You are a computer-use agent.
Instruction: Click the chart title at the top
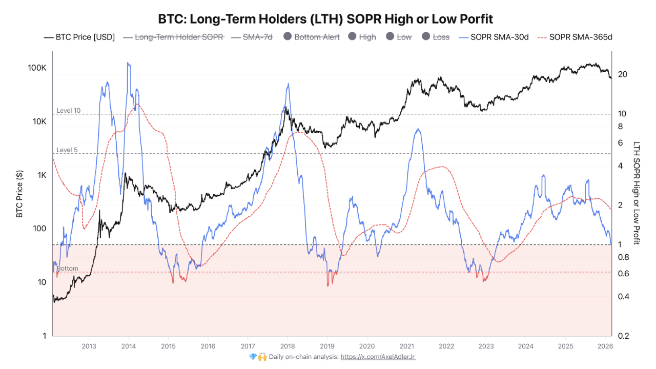(x=325, y=19)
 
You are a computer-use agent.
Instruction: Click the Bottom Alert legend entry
(x=311, y=37)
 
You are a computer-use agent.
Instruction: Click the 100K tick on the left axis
(x=37, y=68)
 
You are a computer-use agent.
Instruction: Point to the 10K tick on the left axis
(x=39, y=121)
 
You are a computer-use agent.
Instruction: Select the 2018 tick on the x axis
(x=287, y=346)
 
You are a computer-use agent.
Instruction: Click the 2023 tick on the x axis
(x=485, y=346)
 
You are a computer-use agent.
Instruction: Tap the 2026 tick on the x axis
(x=604, y=346)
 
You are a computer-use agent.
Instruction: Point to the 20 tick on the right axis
(x=623, y=74)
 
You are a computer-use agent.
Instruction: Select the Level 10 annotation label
(x=68, y=111)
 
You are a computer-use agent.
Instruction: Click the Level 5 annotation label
(x=67, y=150)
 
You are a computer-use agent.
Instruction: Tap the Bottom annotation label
(x=67, y=269)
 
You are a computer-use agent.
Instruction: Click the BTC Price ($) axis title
(x=19, y=194)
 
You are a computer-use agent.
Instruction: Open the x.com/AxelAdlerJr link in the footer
(x=378, y=357)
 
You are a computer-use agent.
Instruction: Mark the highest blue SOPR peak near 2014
(x=128, y=63)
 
